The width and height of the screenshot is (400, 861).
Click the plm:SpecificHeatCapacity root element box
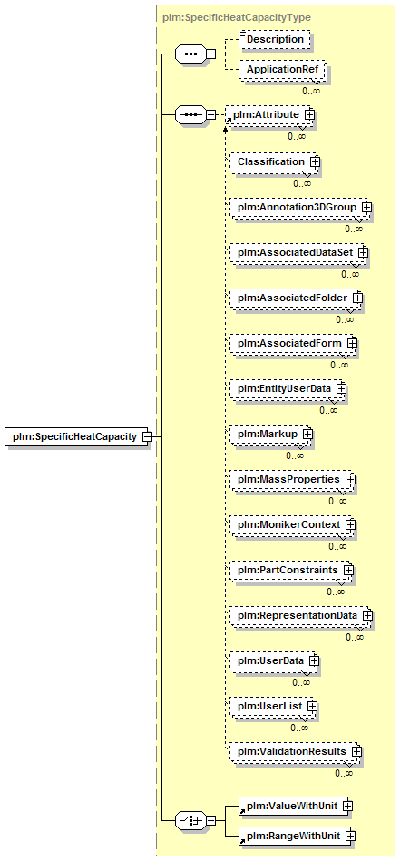click(78, 436)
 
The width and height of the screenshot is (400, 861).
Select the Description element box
click(274, 40)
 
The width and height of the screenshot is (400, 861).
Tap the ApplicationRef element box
click(282, 70)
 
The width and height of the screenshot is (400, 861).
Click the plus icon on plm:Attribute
click(310, 114)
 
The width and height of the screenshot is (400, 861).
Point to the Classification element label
click(270, 162)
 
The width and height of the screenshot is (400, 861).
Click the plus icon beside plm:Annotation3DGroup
click(366, 208)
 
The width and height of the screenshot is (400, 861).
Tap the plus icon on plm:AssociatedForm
click(352, 343)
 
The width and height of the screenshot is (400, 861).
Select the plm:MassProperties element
click(292, 479)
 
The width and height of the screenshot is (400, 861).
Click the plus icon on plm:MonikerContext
click(350, 524)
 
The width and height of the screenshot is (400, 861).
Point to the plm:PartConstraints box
click(291, 570)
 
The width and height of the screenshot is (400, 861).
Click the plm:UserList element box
click(273, 706)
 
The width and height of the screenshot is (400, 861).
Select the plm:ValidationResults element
click(295, 750)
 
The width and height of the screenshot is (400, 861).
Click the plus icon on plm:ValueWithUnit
click(347, 806)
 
